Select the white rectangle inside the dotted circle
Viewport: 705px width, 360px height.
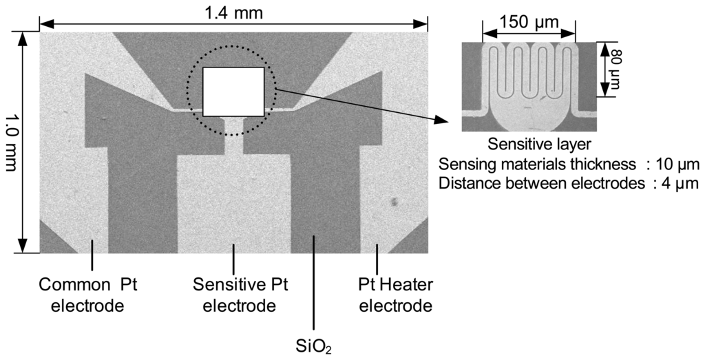[x=233, y=91]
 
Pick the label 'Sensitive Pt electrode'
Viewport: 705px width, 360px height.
[x=234, y=295]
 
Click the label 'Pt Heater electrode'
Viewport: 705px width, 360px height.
[x=395, y=295]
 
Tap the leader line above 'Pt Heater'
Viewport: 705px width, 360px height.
[x=377, y=257]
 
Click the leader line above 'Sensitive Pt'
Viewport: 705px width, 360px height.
[x=234, y=257]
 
